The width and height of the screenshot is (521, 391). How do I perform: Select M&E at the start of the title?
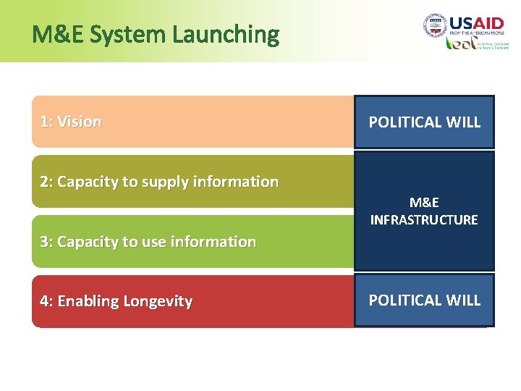tap(53, 34)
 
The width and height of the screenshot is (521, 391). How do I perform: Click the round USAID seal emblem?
tap(435, 25)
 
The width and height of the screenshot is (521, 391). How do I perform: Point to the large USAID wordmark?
tap(475, 22)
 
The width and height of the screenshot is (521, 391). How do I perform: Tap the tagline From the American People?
tap(475, 33)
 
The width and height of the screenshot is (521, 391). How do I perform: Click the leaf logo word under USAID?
tap(461, 43)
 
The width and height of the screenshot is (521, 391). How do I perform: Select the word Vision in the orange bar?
tap(79, 122)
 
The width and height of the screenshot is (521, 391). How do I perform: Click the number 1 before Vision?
tap(44, 122)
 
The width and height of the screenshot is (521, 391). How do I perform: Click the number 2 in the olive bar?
tap(45, 182)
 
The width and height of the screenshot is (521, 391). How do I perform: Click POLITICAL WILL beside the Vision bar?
tap(425, 122)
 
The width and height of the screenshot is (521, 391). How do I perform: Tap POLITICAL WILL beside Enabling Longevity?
tap(425, 300)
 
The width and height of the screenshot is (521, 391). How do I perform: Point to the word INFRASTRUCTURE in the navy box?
tap(424, 219)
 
